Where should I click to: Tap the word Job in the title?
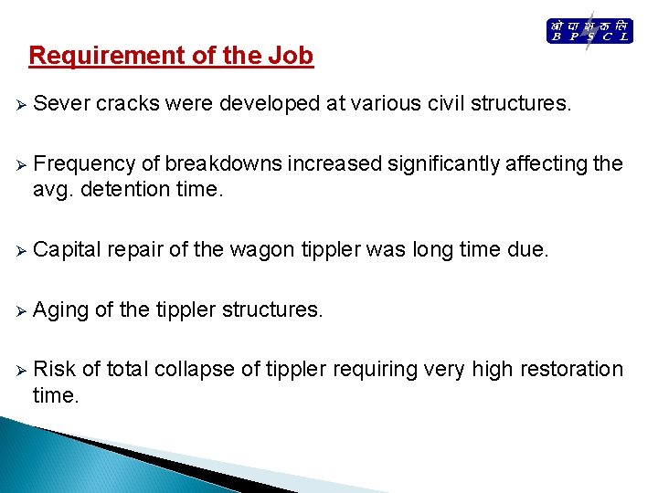291,57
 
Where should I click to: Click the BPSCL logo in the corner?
589,31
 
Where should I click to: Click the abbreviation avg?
54,189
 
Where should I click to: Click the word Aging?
60,310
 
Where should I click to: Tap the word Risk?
54,370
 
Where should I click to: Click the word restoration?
569,370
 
